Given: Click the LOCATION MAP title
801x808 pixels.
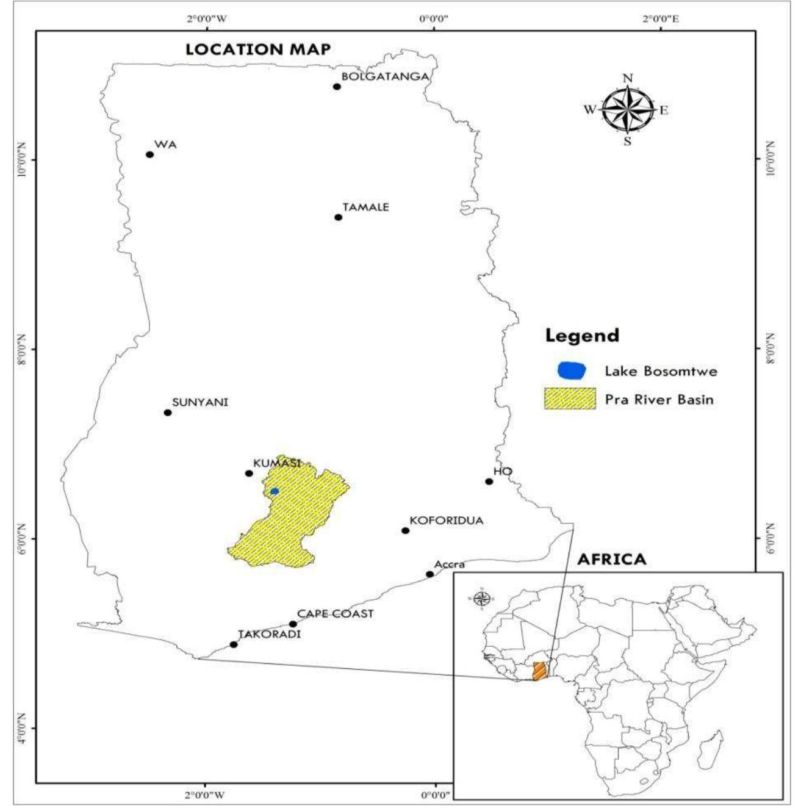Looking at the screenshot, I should click(x=258, y=49).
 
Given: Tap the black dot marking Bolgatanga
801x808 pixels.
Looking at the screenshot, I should click(x=337, y=87).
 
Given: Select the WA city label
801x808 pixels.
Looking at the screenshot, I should click(x=165, y=145).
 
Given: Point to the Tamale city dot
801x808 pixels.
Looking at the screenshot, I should click(x=339, y=217).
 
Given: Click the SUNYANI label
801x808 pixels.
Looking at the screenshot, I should click(x=200, y=402).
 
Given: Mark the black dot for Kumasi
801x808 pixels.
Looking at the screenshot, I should click(x=249, y=474).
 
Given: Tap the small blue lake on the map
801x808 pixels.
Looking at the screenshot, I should click(x=275, y=491).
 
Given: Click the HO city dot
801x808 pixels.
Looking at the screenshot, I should click(x=489, y=482).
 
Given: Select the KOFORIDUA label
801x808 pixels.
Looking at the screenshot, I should click(x=447, y=521).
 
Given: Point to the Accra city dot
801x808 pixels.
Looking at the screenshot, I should click(x=429, y=574).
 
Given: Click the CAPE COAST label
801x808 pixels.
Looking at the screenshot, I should click(x=335, y=614).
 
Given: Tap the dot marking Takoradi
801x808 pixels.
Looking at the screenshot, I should click(x=234, y=644).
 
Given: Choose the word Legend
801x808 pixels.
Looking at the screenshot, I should click(x=582, y=336).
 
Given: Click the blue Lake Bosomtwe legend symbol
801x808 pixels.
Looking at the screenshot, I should click(x=572, y=370).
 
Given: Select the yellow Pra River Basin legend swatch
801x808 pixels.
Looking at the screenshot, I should click(x=570, y=399).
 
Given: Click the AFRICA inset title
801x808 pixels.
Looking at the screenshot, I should click(x=611, y=560).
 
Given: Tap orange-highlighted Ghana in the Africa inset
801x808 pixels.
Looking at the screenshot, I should click(x=539, y=671).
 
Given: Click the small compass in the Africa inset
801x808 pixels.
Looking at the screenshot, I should click(x=481, y=598).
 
